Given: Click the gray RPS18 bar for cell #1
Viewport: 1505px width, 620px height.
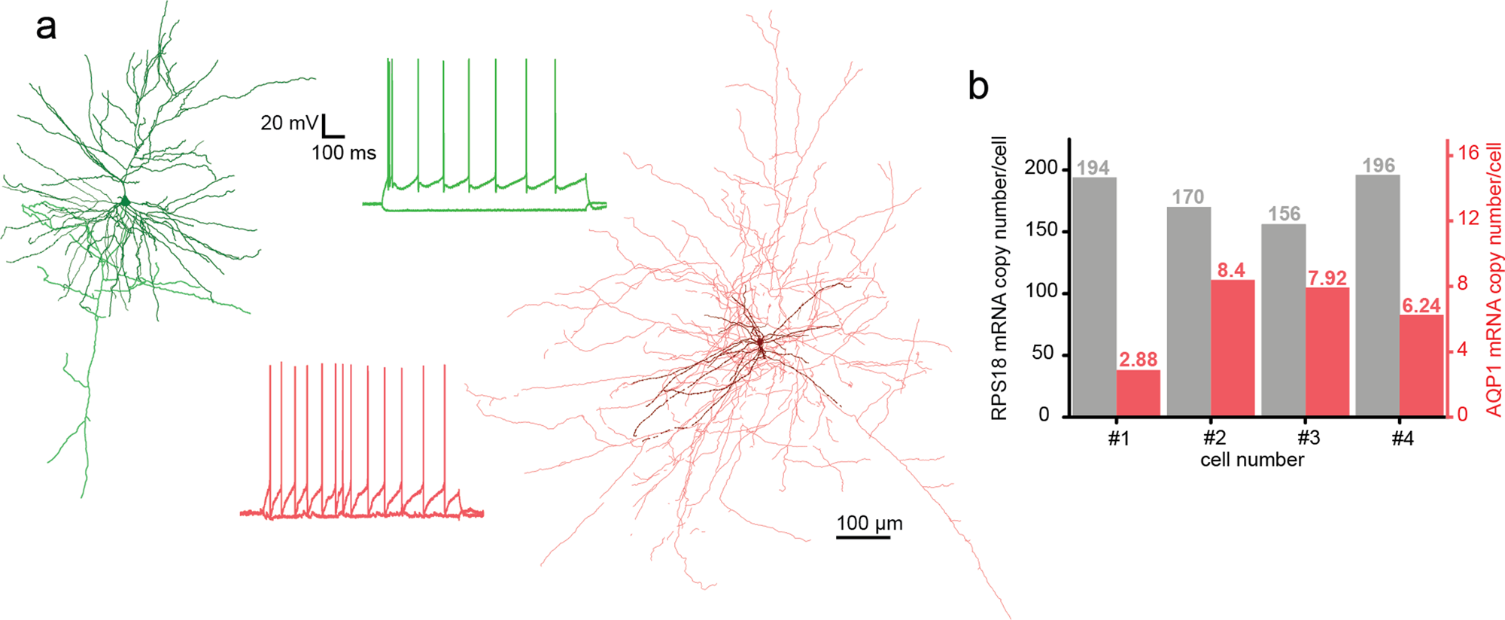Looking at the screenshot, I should (x=1094, y=297).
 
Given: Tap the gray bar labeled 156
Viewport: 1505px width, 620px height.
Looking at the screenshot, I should (x=1283, y=320).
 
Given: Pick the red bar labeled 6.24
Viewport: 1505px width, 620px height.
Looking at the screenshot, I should (x=1421, y=366).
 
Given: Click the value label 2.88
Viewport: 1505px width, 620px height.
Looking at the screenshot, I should (x=1138, y=360).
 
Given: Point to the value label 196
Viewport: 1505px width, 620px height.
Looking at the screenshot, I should (x=1378, y=166).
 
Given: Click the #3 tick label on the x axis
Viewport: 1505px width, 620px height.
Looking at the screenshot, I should (x=1309, y=439).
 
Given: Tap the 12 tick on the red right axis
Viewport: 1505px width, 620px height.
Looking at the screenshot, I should (x=1468, y=218).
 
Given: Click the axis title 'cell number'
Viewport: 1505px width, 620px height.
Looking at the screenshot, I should (x=1251, y=460).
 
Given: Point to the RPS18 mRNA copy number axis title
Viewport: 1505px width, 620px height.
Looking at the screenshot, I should (x=999, y=278).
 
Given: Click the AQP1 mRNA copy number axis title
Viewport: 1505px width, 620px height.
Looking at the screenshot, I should (x=1494, y=278).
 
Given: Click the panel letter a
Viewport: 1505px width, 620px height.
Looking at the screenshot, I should (x=46, y=27).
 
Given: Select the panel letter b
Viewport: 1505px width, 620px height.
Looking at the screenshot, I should (x=977, y=87).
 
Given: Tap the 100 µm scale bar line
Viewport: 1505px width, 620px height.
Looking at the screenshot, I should (x=862, y=537).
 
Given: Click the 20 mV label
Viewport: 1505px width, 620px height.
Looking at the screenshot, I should (x=289, y=123).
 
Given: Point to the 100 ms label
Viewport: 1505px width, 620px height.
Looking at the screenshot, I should (x=343, y=153).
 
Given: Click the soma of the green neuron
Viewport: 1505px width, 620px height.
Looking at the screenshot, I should (x=126, y=202).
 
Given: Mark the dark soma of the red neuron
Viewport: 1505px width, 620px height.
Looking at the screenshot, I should (x=760, y=343).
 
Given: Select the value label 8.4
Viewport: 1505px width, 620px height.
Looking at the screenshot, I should (x=1231, y=270).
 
